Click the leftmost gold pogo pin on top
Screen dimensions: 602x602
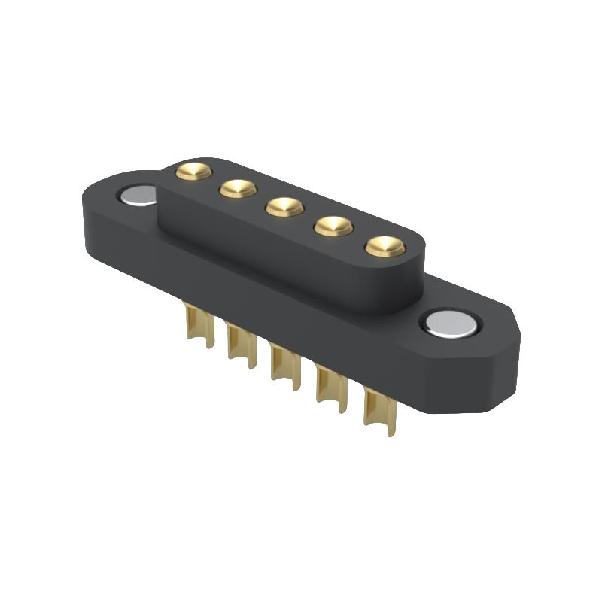tap(193, 172)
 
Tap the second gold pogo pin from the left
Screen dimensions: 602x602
tap(238, 189)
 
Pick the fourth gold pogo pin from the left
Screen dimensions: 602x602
tap(333, 226)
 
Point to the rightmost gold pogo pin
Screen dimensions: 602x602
tap(385, 246)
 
